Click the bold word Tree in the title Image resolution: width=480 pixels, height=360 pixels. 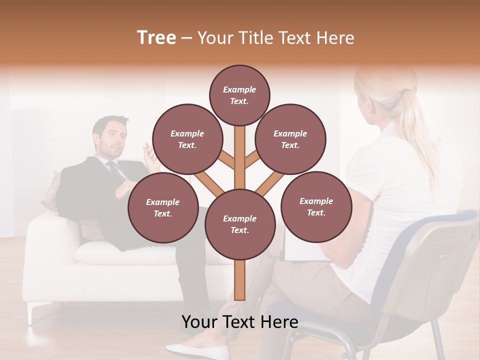click(x=156, y=38)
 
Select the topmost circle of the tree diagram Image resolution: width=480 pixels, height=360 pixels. click(x=239, y=95)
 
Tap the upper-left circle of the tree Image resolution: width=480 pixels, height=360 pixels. click(x=187, y=139)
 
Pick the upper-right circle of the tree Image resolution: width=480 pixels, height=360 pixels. click(x=290, y=139)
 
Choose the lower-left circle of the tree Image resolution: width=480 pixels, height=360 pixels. click(x=162, y=207)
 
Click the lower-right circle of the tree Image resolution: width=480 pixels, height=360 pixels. click(x=316, y=206)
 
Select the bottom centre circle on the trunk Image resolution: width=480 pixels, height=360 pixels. click(x=239, y=224)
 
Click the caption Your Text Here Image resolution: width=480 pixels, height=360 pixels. click(x=239, y=322)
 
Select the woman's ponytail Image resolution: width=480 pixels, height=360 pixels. click(x=417, y=120)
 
